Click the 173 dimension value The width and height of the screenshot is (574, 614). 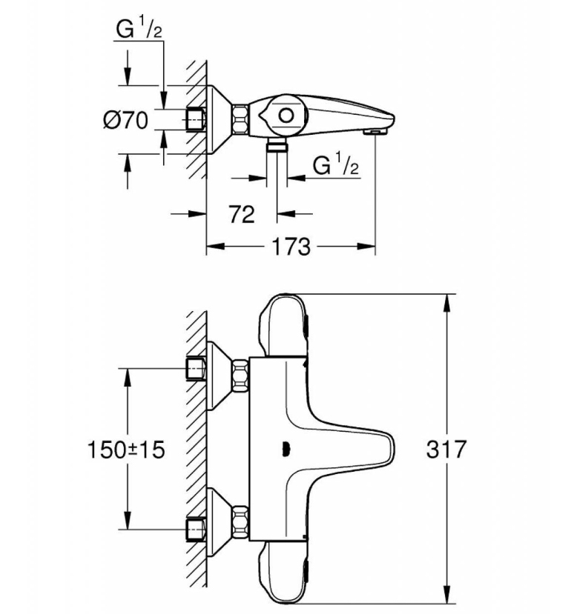coord(291,246)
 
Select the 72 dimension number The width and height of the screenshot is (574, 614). coord(241,214)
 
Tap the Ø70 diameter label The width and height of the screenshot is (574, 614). coord(126,120)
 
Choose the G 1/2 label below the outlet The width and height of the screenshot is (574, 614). coord(336,167)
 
